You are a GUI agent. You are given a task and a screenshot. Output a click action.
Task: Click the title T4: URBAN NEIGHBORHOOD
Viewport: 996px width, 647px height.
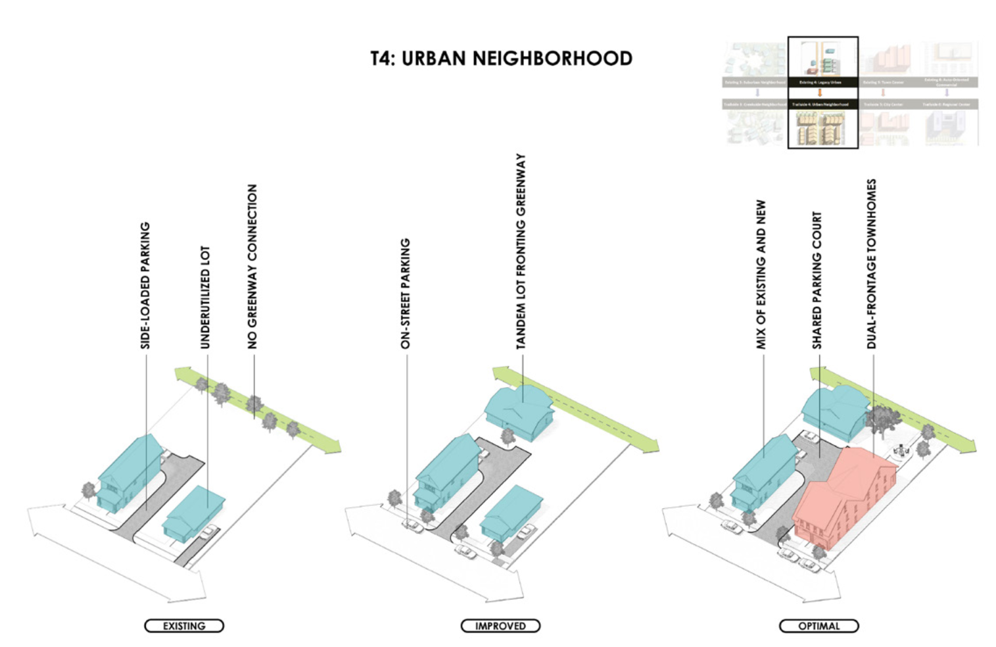(x=501, y=59)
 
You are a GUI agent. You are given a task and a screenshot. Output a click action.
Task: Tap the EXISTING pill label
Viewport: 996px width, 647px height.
(x=184, y=626)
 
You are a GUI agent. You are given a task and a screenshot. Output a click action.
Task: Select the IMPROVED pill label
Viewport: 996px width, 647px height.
(x=500, y=626)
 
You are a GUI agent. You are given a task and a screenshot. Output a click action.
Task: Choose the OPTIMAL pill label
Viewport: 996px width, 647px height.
(x=818, y=626)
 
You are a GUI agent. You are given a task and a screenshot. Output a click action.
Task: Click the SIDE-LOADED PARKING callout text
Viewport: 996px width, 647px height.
(x=145, y=285)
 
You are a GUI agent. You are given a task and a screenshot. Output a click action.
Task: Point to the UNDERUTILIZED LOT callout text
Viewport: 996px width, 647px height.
(x=205, y=298)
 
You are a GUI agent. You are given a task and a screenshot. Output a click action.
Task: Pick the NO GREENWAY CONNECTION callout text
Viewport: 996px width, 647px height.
(x=252, y=267)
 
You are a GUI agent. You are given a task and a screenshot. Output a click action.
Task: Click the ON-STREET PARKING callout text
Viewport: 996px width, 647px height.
(x=406, y=294)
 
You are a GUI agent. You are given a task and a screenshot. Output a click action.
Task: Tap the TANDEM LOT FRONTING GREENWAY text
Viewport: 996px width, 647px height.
(x=521, y=251)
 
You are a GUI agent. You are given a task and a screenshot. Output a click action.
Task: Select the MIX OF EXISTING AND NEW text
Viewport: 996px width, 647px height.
(x=761, y=274)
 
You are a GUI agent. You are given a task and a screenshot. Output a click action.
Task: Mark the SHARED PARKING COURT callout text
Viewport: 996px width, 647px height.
(x=817, y=280)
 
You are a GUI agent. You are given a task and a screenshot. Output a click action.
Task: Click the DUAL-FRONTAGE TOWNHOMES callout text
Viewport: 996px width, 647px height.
(x=872, y=264)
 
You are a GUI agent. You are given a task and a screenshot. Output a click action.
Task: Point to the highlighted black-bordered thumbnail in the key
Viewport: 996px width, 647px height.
(x=823, y=92)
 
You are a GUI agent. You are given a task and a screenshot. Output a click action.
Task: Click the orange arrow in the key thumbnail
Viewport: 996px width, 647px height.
(x=820, y=93)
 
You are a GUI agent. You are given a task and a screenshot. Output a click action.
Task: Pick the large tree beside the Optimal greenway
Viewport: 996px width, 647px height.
(x=881, y=419)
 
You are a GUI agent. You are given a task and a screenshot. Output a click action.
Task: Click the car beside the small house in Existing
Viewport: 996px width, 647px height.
(x=210, y=531)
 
